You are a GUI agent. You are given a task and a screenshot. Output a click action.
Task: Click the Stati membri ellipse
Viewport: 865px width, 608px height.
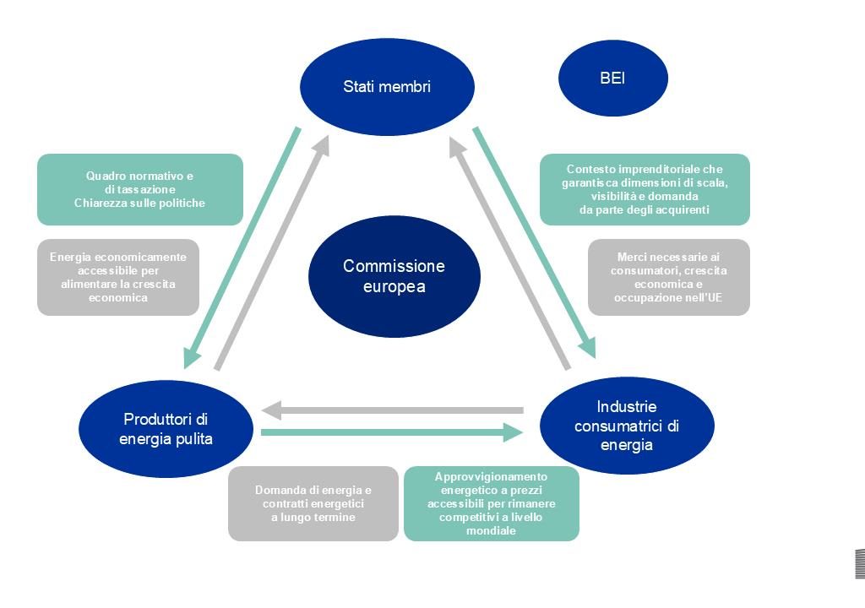(x=387, y=86)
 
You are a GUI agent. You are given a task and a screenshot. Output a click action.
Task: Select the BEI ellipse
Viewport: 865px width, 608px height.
(x=612, y=79)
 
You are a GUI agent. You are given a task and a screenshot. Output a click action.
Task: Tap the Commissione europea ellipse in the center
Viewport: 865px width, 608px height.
(x=394, y=276)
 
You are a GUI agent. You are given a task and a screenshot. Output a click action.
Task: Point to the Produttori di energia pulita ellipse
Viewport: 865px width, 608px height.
(x=166, y=429)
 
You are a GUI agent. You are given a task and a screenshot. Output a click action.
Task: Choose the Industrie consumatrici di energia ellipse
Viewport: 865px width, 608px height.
(x=627, y=426)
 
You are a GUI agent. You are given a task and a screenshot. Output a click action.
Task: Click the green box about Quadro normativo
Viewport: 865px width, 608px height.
(x=140, y=189)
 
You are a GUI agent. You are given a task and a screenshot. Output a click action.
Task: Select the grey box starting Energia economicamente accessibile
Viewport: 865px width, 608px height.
(x=118, y=277)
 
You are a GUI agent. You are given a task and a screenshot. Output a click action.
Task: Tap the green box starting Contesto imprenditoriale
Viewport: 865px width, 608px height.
(x=645, y=189)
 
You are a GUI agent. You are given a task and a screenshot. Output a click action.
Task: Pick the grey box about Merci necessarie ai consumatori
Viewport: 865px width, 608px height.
(x=669, y=277)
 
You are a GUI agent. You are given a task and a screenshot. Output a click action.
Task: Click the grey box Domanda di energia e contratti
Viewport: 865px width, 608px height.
(x=313, y=503)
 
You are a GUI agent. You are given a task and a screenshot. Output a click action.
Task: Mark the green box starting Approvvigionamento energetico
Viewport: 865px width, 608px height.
(x=492, y=503)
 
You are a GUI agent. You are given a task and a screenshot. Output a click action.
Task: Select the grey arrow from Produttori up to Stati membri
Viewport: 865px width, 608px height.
(x=270, y=253)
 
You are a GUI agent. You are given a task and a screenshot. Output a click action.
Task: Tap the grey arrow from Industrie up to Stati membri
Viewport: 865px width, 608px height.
(x=509, y=253)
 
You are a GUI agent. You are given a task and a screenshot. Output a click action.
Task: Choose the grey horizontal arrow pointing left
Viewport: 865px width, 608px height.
(x=393, y=411)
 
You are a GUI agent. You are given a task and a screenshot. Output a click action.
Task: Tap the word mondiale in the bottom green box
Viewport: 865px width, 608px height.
(x=491, y=530)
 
